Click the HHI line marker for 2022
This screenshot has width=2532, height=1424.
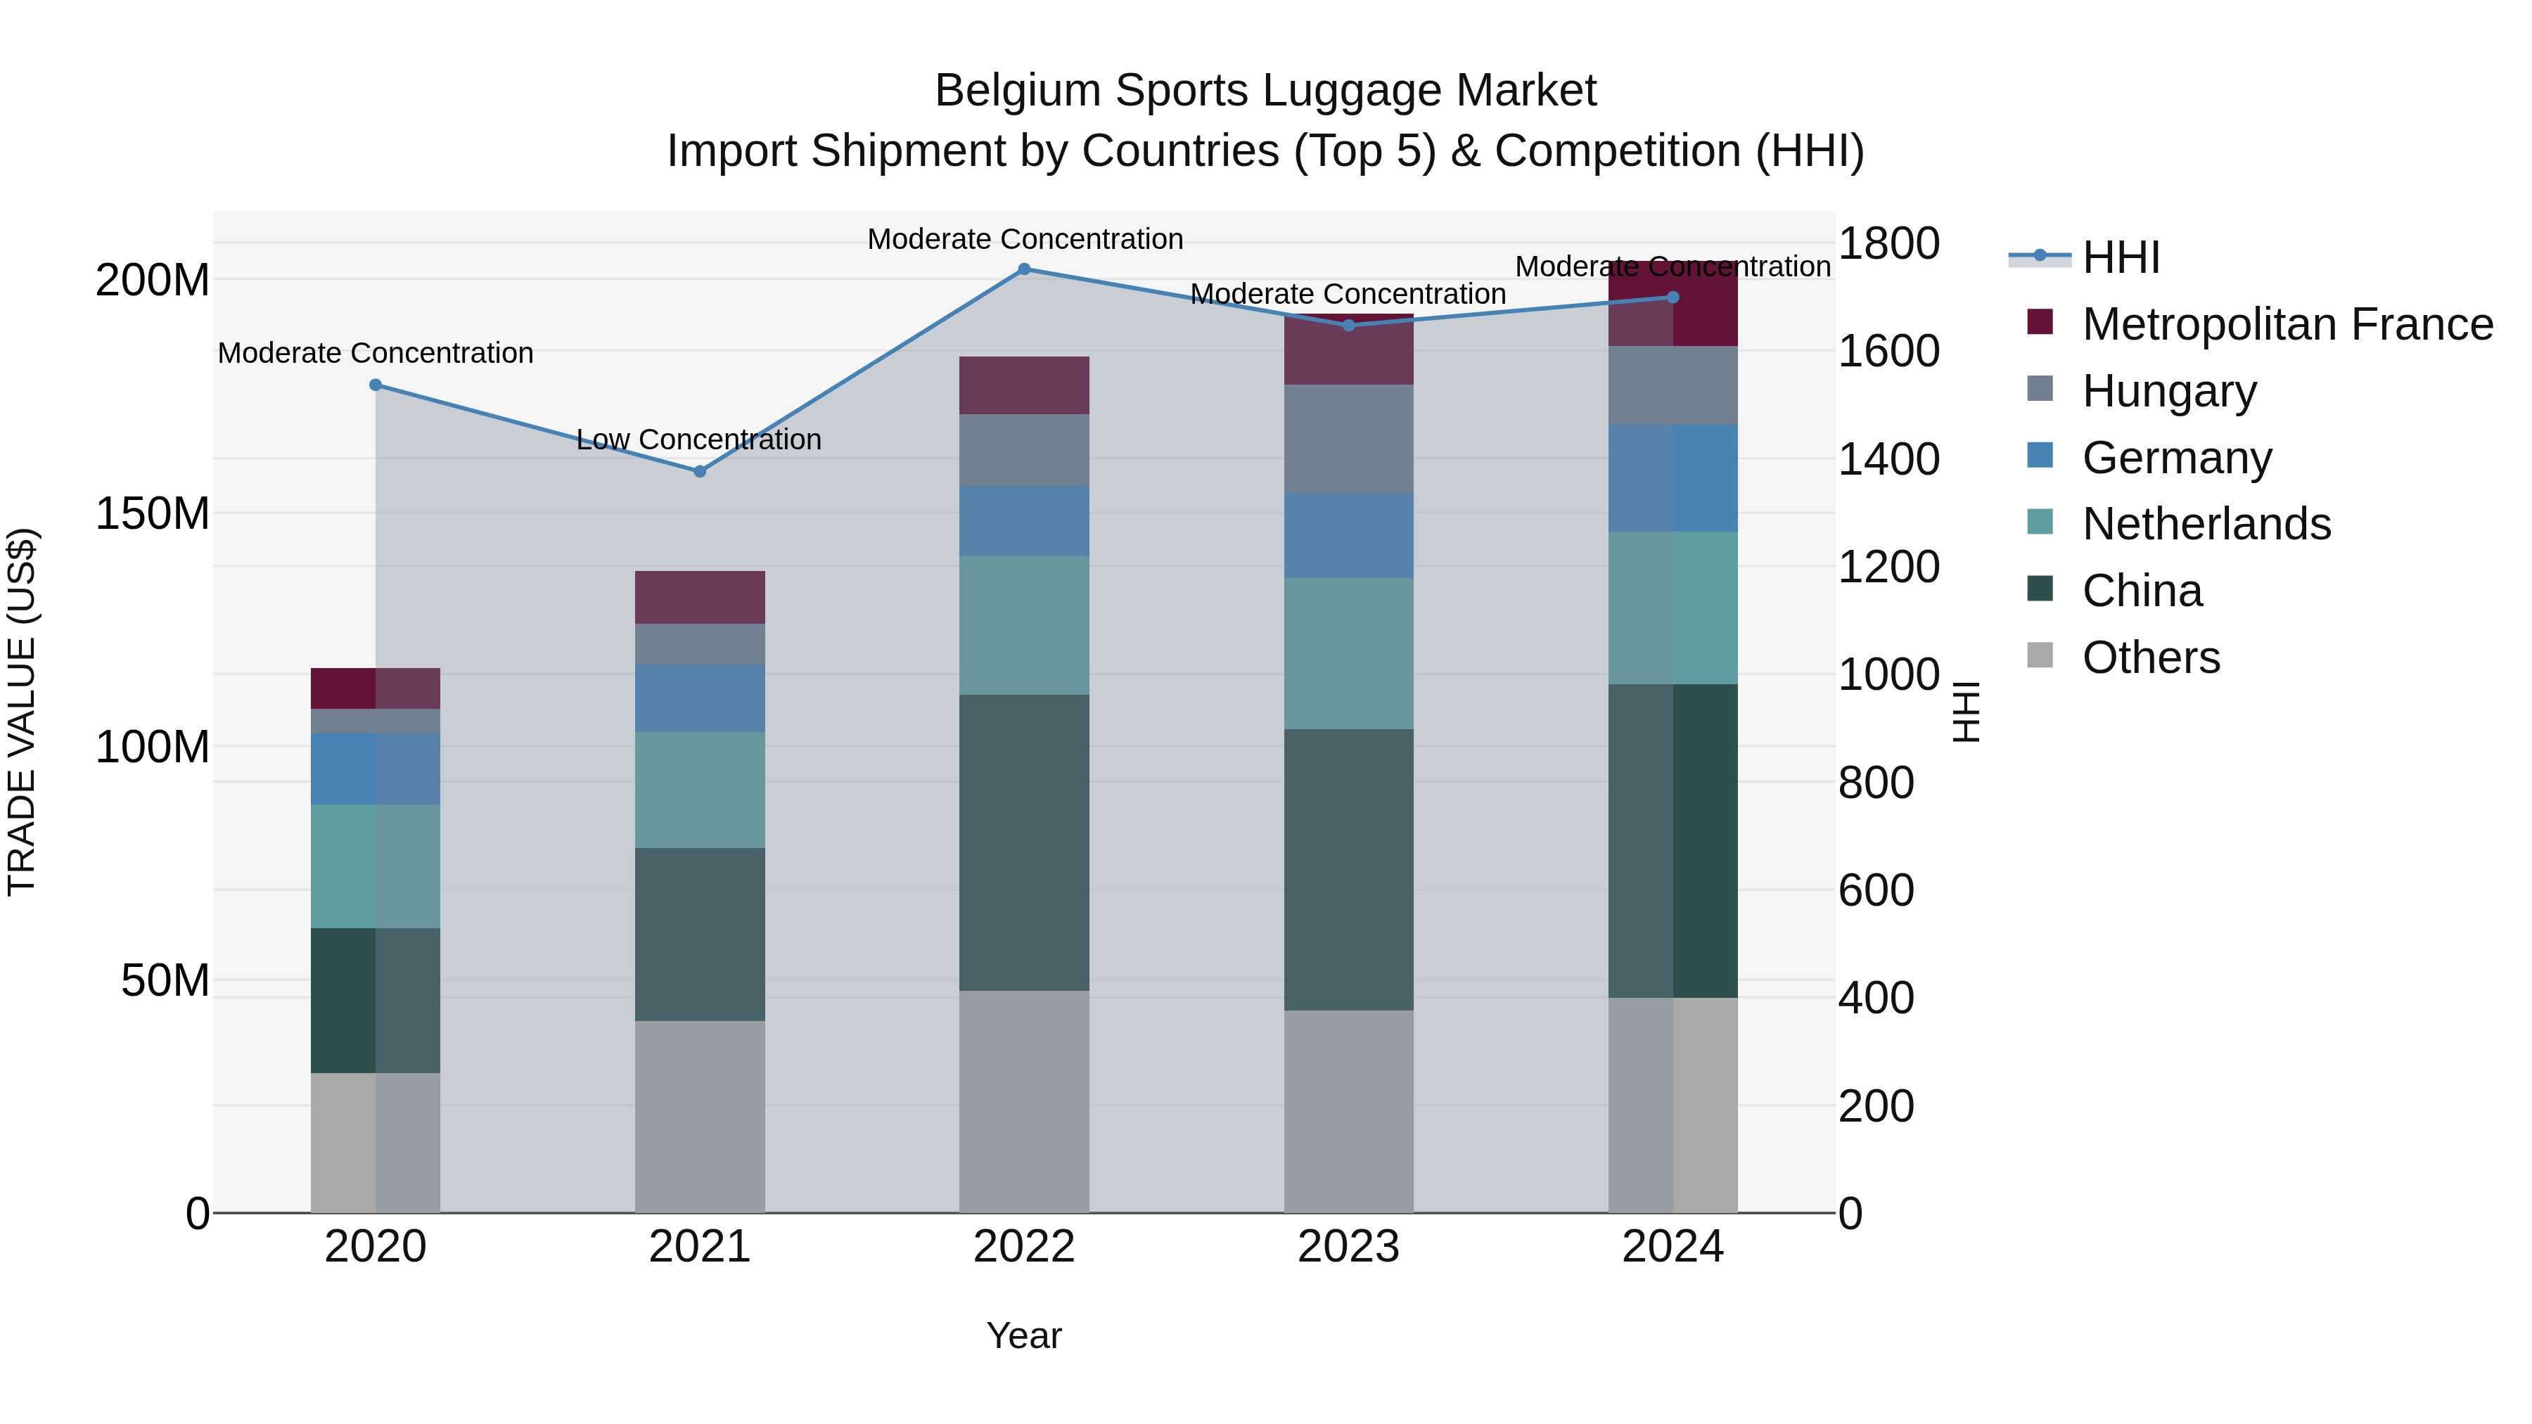coord(1023,269)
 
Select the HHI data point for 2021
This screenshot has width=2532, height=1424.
coord(700,472)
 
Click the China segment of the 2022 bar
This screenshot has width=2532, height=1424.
coord(1023,842)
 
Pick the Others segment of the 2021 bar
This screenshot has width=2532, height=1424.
coord(700,1117)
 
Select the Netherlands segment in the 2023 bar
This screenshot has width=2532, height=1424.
coord(1348,653)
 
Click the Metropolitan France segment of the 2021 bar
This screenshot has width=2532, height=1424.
coord(700,598)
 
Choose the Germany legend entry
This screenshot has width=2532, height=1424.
coord(2176,458)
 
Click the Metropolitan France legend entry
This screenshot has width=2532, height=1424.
coord(2287,324)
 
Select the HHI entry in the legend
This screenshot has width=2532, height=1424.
coord(2120,257)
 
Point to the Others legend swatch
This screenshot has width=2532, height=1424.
coord(2040,655)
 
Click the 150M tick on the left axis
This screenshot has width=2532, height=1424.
coord(153,514)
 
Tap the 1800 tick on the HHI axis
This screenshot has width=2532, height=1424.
coord(1888,244)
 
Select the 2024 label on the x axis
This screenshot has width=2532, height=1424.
coord(1672,1247)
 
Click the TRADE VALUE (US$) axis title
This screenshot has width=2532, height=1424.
coord(22,712)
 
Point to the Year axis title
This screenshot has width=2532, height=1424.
coord(1023,1335)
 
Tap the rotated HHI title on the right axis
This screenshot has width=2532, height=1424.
coord(1965,712)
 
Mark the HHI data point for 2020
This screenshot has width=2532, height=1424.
coord(376,385)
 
